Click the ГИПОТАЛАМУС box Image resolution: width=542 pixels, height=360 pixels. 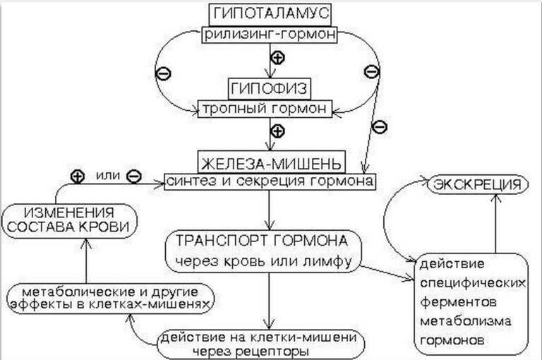point(271,14)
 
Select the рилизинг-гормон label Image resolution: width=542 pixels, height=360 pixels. point(271,34)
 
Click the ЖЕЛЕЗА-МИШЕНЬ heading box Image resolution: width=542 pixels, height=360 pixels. point(271,161)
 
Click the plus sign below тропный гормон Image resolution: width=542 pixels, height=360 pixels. point(277,131)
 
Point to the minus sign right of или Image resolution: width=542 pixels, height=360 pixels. point(134,176)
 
